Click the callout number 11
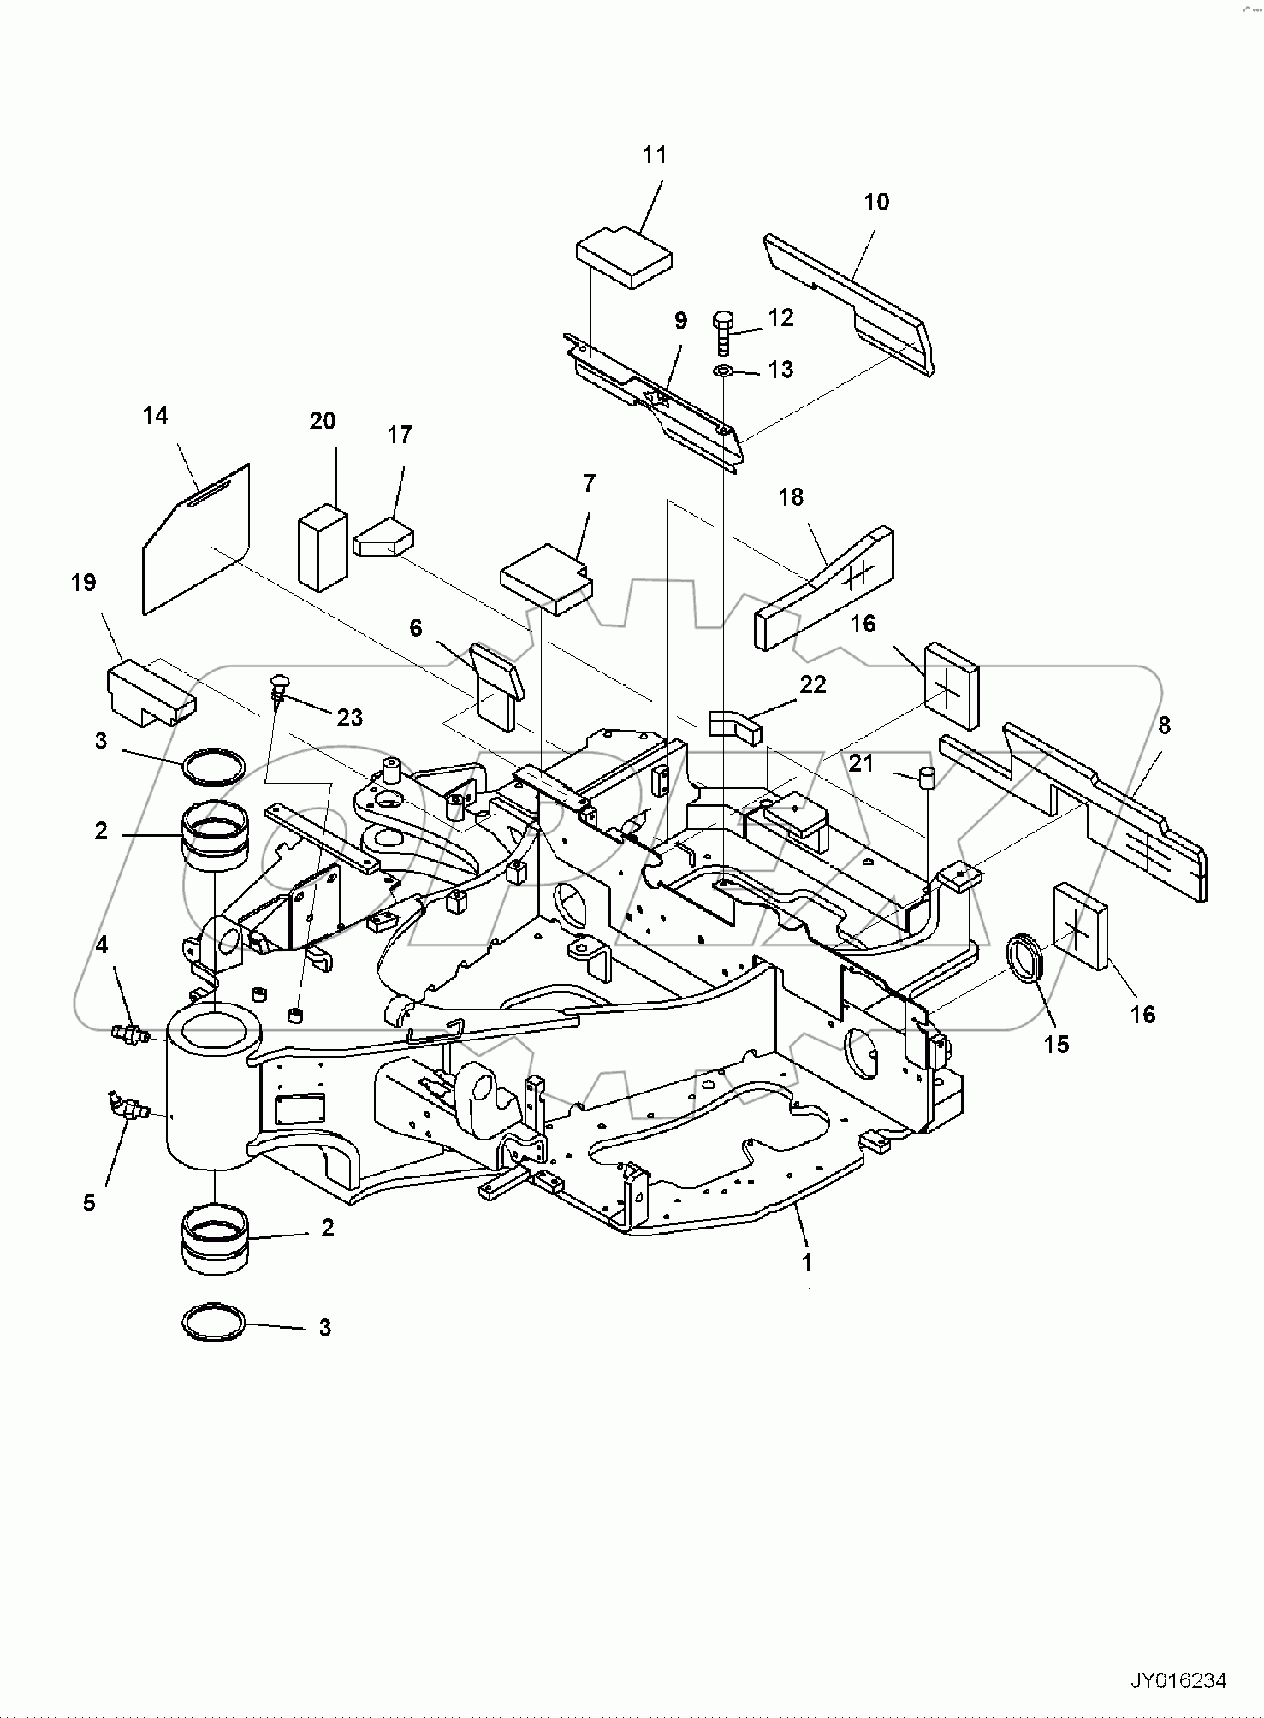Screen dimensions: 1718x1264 [x=654, y=155]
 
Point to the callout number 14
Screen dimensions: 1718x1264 [x=155, y=415]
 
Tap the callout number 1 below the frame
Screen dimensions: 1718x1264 [x=806, y=1261]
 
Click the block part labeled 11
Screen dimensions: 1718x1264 [x=625, y=257]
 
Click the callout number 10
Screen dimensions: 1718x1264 [x=876, y=202]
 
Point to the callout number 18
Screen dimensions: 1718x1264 [x=791, y=496]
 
